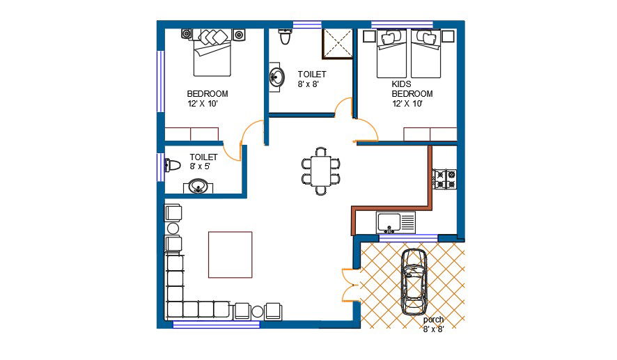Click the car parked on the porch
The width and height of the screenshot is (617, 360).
(x=414, y=282)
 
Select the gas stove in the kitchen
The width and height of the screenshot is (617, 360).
(x=445, y=179)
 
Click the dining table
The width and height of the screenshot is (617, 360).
(x=321, y=171)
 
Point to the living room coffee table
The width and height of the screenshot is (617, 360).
(x=231, y=255)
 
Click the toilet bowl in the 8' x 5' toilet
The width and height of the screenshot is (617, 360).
(x=172, y=165)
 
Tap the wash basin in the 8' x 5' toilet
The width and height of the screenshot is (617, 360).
(x=198, y=186)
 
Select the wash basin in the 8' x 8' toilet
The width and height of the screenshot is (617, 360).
(x=276, y=77)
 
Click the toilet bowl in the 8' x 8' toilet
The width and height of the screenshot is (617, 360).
(x=285, y=36)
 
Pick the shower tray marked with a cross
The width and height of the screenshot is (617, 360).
(x=338, y=43)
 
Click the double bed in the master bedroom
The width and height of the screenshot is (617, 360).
(x=212, y=53)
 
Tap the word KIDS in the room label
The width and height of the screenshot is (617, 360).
(x=401, y=84)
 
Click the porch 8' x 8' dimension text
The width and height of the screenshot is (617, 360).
(x=433, y=329)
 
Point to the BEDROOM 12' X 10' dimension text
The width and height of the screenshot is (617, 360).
(x=203, y=104)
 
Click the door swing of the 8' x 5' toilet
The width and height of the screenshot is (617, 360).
(x=232, y=152)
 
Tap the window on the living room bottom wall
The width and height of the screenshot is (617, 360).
(x=217, y=324)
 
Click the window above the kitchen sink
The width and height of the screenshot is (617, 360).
(x=409, y=237)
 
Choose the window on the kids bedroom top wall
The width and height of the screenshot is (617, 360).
(x=402, y=24)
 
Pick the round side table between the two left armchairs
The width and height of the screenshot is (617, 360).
(x=173, y=228)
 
